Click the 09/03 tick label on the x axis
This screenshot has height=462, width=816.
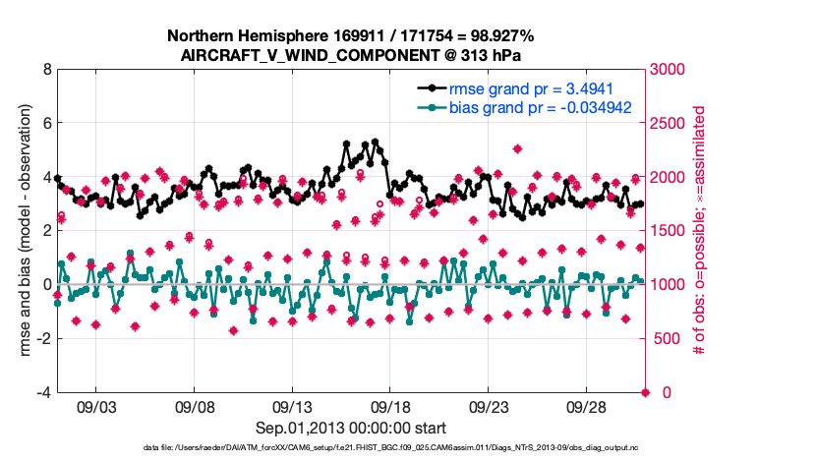(96, 406)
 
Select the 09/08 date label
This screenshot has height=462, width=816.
(195, 406)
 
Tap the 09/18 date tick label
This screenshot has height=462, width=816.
(390, 406)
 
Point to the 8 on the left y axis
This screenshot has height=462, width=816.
(46, 70)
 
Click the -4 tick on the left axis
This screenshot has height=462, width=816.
(43, 392)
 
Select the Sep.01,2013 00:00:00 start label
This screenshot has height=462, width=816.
(350, 428)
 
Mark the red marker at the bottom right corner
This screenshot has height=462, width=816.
(645, 392)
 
